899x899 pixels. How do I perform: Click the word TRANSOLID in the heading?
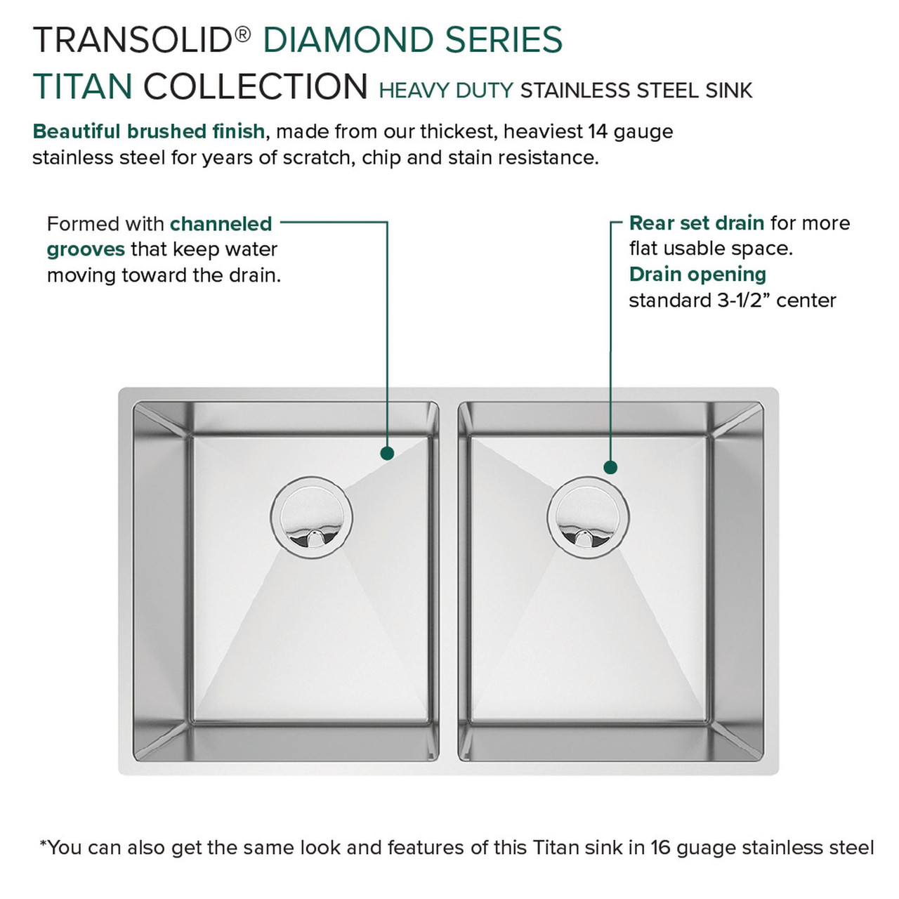(133, 40)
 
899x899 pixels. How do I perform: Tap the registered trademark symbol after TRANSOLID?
(242, 34)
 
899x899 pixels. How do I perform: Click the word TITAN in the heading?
(83, 87)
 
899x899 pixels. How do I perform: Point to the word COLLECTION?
(256, 87)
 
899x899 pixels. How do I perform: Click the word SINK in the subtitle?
(730, 91)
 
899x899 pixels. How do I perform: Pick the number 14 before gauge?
(598, 131)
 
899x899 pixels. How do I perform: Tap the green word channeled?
(221, 224)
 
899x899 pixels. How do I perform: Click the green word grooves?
(86, 249)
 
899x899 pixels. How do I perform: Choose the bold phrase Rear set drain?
(696, 223)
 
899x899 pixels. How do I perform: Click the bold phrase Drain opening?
(697, 275)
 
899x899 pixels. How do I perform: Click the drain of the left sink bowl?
(311, 518)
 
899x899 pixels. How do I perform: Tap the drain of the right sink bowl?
(588, 518)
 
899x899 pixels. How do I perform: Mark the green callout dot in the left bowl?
(386, 454)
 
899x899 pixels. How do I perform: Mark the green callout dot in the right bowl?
(610, 467)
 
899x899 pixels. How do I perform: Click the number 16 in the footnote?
(661, 848)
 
